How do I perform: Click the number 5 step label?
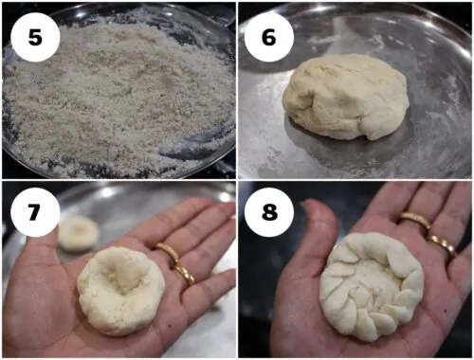pyautogui.click(x=35, y=37)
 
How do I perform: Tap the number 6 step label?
pyautogui.click(x=269, y=37)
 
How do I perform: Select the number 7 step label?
pyautogui.click(x=35, y=212)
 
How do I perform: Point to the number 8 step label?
pyautogui.click(x=269, y=212)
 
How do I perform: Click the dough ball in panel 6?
pyautogui.click(x=346, y=97)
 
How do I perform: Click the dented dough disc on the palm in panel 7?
pyautogui.click(x=121, y=291)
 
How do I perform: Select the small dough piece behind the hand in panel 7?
pyautogui.click(x=79, y=234)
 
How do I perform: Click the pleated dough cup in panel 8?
pyautogui.click(x=372, y=287)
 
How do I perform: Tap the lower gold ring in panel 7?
pyautogui.click(x=183, y=274)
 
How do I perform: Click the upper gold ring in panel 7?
pyautogui.click(x=168, y=251)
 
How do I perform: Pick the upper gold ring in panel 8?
pyautogui.click(x=415, y=220)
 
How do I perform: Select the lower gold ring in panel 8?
pyautogui.click(x=443, y=244)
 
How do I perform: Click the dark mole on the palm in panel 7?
pyautogui.click(x=171, y=326)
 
